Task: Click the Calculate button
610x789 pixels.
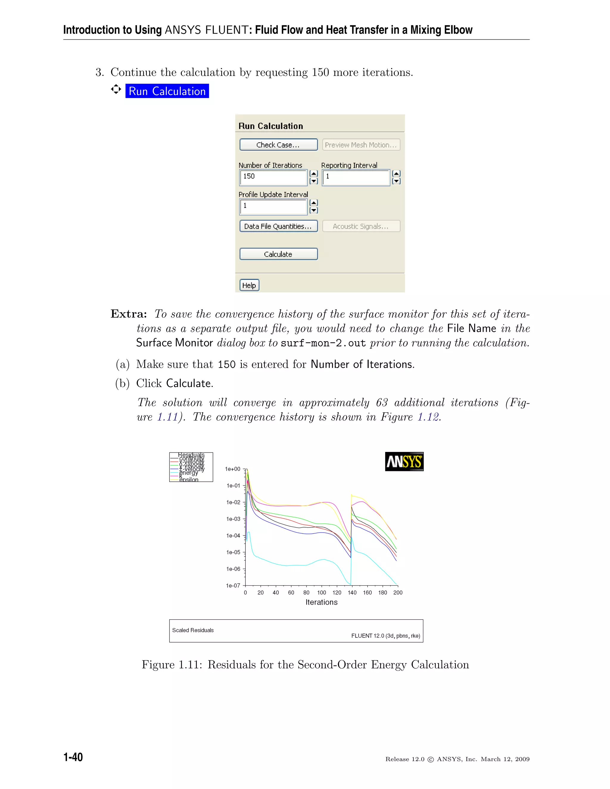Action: (x=278, y=254)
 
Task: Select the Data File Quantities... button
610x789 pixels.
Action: (x=278, y=226)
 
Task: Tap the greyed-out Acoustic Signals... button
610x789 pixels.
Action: (x=361, y=226)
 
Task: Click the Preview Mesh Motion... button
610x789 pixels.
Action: (x=361, y=145)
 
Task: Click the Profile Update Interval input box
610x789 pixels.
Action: (x=273, y=206)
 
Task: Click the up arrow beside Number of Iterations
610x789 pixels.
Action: (x=314, y=173)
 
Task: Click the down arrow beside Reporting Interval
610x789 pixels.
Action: (x=396, y=181)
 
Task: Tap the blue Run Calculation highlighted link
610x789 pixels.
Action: (x=167, y=91)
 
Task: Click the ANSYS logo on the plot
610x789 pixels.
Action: (x=404, y=462)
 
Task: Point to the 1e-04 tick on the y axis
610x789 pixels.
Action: (x=233, y=535)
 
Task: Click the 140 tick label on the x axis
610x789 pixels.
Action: (x=352, y=592)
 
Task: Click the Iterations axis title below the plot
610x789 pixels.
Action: (x=321, y=602)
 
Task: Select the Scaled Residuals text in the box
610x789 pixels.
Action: (x=193, y=630)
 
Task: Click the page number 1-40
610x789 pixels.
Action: (x=73, y=757)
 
